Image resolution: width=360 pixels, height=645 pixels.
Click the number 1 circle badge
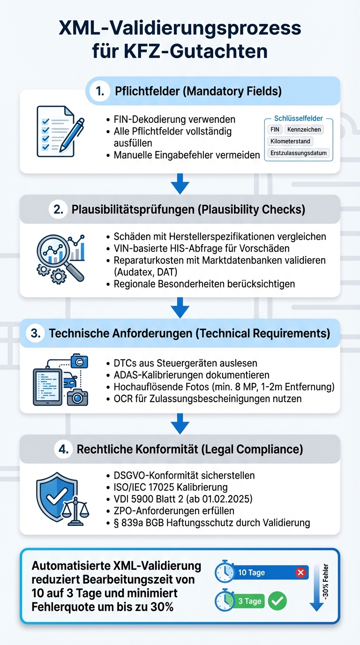pyautogui.click(x=100, y=91)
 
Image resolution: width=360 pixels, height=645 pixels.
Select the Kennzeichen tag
pyautogui.click(x=304, y=129)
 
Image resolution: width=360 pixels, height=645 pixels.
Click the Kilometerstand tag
pyautogui.click(x=290, y=141)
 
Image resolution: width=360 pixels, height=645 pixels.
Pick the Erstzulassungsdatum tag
pyautogui.click(x=299, y=153)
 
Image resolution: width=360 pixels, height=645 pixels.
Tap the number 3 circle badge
pyautogui.click(x=35, y=333)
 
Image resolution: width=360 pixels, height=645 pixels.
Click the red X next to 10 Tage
pyautogui.click(x=301, y=572)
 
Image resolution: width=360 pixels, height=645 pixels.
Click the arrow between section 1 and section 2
pyautogui.click(x=180, y=184)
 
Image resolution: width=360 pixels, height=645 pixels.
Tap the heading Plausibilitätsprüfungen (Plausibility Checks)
pyautogui.click(x=188, y=210)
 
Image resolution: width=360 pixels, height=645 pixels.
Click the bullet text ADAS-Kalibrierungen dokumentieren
pyautogui.click(x=191, y=375)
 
